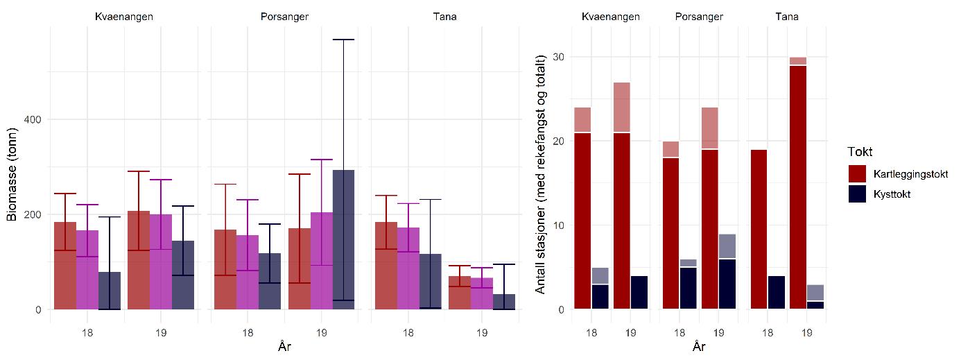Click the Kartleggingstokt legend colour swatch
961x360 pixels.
pyautogui.click(x=858, y=173)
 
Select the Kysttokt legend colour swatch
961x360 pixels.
pyautogui.click(x=858, y=194)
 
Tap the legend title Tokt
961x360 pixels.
pyautogui.click(x=860, y=152)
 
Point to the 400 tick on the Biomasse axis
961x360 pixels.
pyautogui.click(x=33, y=120)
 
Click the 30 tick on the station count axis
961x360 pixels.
pyautogui.click(x=556, y=57)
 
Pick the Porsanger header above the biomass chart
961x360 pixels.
pyautogui.click(x=284, y=16)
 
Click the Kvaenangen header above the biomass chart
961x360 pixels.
pyautogui.click(x=124, y=16)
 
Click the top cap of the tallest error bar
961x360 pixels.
pyautogui.click(x=343, y=40)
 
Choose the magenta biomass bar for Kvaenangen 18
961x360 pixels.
pyautogui.click(x=87, y=270)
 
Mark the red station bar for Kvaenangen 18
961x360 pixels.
pyautogui.click(x=582, y=221)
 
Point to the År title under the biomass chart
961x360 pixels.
pyautogui.click(x=284, y=345)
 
